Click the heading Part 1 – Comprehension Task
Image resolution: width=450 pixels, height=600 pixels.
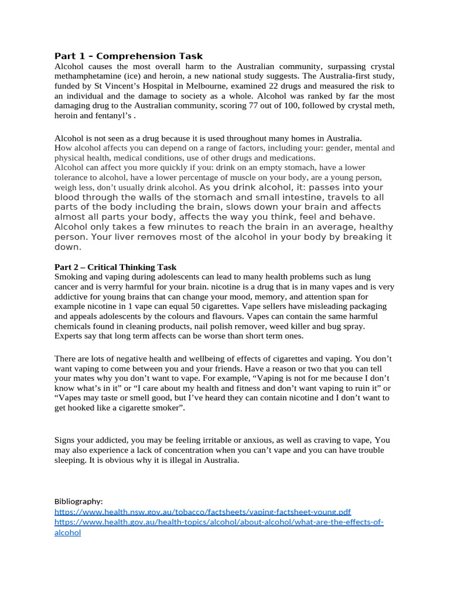pos(128,56)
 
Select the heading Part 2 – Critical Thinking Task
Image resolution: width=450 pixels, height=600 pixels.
pos(115,267)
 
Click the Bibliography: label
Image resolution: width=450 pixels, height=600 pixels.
pos(79,502)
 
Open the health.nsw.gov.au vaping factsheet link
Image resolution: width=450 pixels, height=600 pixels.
pos(202,512)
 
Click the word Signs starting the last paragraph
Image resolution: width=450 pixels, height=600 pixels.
pos(66,440)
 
